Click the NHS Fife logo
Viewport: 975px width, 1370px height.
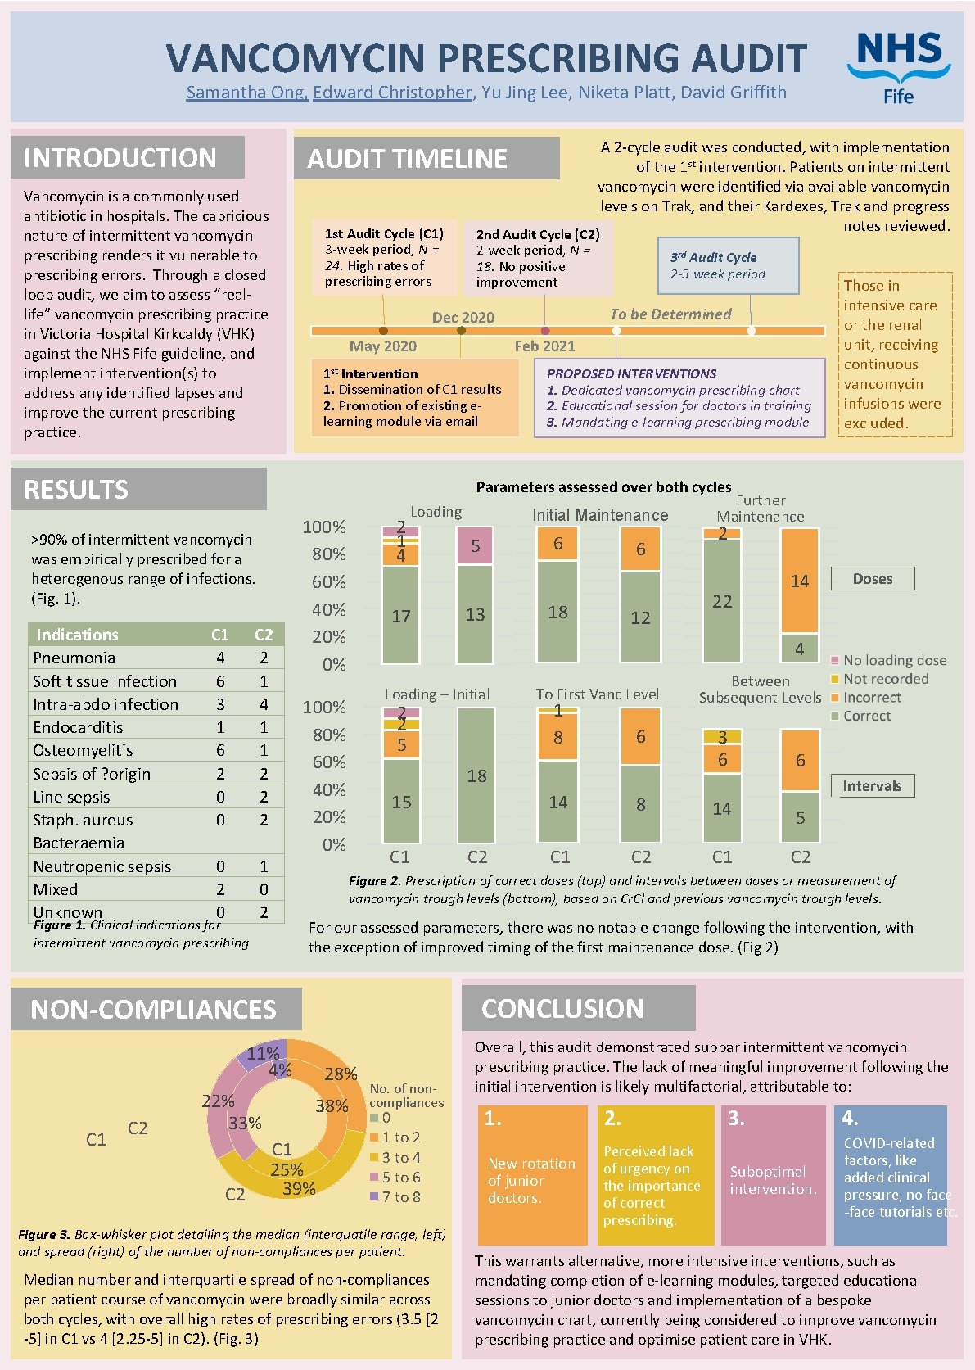tap(898, 68)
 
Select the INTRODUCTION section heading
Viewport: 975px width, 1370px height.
tap(120, 158)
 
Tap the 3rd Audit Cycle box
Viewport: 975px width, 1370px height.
tap(728, 265)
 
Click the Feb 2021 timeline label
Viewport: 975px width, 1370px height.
tap(544, 346)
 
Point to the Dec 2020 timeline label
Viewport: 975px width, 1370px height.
tap(463, 318)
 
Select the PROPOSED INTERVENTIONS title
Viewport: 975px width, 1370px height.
tap(631, 373)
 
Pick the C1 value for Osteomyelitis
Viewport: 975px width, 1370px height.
tap(220, 750)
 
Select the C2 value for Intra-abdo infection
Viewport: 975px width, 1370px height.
tap(264, 704)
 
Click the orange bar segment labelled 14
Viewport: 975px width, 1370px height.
tap(800, 580)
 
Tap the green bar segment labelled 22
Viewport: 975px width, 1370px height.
tap(722, 600)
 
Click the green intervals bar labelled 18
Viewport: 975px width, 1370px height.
tap(476, 775)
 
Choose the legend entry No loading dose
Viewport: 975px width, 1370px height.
tap(888, 660)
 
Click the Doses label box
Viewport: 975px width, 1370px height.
tap(873, 579)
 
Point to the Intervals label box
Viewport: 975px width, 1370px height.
tap(873, 785)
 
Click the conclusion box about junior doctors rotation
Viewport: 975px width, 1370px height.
tap(532, 1175)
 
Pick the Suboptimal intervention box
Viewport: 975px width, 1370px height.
tap(773, 1175)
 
